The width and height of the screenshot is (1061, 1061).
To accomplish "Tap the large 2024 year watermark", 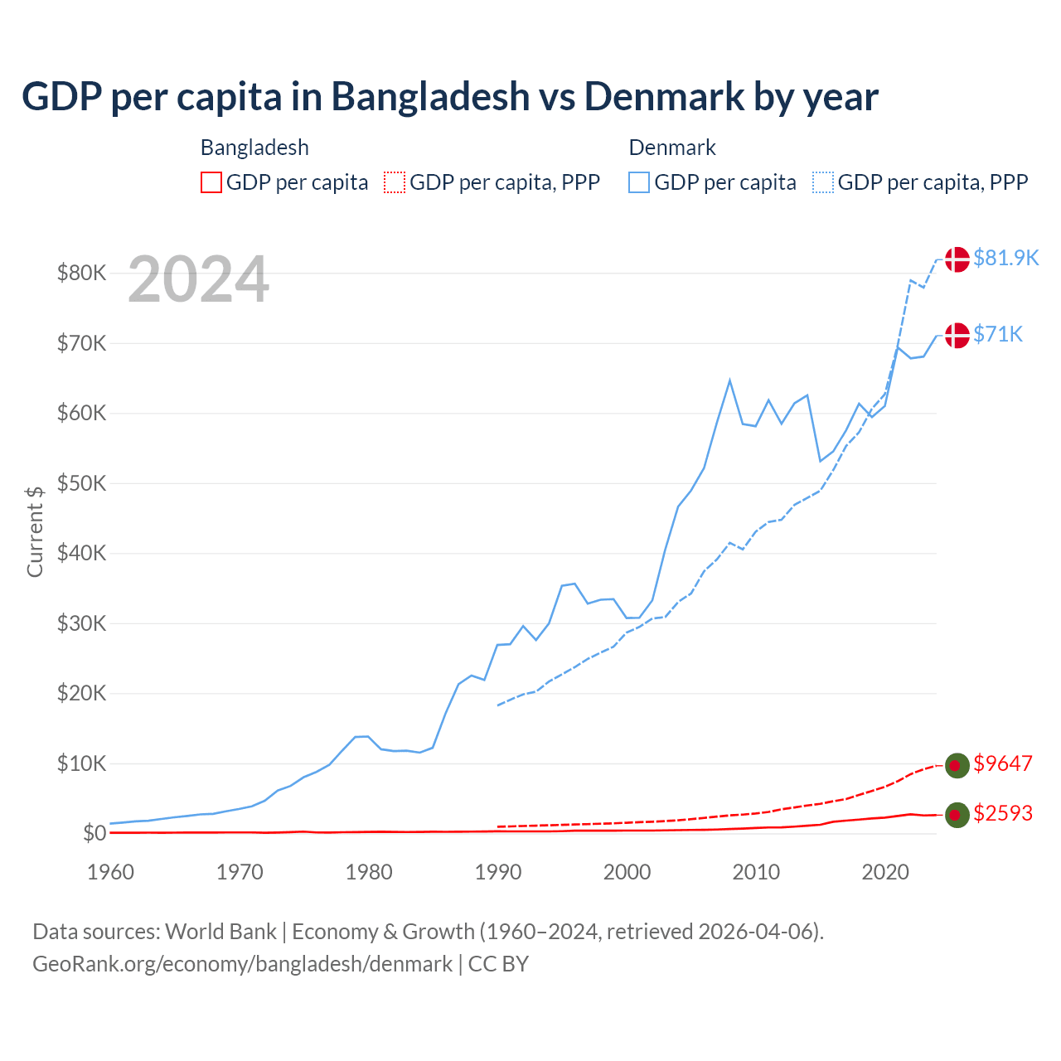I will [x=198, y=280].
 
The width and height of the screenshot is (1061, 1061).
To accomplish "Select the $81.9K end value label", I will [x=1005, y=258].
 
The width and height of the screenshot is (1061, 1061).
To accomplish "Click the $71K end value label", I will [x=998, y=334].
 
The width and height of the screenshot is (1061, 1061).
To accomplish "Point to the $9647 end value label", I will [x=1003, y=763].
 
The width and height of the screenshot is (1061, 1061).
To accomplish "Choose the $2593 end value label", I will [x=1003, y=813].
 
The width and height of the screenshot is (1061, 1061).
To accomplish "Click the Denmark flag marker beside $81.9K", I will [x=957, y=259].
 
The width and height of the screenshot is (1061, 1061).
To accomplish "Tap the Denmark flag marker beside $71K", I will [x=957, y=335].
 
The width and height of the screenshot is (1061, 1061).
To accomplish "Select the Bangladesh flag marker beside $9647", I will [x=957, y=765].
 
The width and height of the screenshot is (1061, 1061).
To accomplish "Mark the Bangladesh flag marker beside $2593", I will [x=957, y=815].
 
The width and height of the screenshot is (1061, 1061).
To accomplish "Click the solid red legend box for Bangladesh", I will [x=211, y=182].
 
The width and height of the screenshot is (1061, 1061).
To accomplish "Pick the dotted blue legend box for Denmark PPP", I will [x=823, y=182].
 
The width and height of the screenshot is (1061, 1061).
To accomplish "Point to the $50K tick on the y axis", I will [x=81, y=483].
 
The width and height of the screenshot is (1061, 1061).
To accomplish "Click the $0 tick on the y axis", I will [x=94, y=833].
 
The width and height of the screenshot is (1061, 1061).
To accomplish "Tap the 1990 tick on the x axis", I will [x=498, y=872].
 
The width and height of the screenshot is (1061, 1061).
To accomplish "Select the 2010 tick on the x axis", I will [x=756, y=872].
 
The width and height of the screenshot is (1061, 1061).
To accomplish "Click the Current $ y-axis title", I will [x=35, y=531].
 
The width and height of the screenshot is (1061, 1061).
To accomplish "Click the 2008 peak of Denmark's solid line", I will [x=729, y=380].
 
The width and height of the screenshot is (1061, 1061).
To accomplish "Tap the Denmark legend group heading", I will [x=672, y=148].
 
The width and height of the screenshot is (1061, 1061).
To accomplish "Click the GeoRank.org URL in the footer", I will [x=242, y=964].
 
